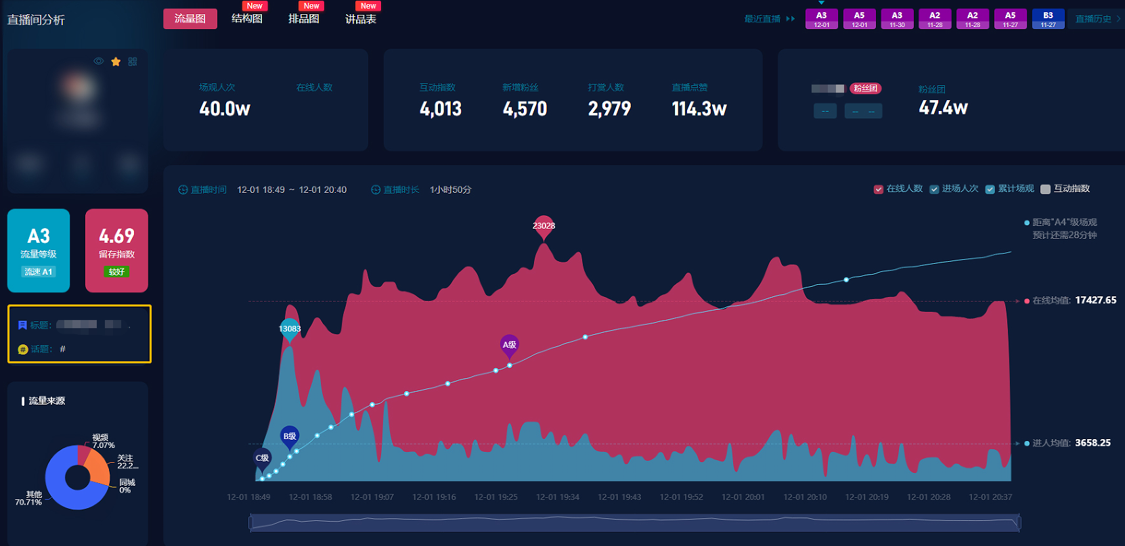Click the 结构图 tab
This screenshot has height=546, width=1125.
(x=247, y=19)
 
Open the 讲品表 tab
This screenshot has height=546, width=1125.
(x=360, y=19)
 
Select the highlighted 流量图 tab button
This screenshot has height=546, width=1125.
(x=190, y=19)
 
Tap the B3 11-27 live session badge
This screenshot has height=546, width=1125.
(x=1048, y=19)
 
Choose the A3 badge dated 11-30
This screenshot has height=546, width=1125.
(x=897, y=19)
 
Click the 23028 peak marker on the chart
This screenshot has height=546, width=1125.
(x=544, y=227)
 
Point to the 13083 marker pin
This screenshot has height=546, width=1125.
(x=290, y=329)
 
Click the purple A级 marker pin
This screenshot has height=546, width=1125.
(x=510, y=345)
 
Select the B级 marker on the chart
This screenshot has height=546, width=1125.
(x=290, y=436)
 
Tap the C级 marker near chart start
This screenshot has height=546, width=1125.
(x=262, y=458)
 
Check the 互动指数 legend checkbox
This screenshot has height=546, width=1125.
(x=1046, y=189)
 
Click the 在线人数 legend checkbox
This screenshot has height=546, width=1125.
(x=879, y=189)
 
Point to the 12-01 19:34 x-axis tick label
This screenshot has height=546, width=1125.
(x=557, y=497)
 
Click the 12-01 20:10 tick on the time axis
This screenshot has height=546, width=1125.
(x=805, y=497)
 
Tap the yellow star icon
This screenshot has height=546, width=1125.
(x=116, y=62)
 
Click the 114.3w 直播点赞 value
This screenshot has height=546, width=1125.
(x=699, y=109)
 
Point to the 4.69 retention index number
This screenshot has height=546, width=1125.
(x=116, y=236)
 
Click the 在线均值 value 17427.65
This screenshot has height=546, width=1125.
(x=1095, y=300)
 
